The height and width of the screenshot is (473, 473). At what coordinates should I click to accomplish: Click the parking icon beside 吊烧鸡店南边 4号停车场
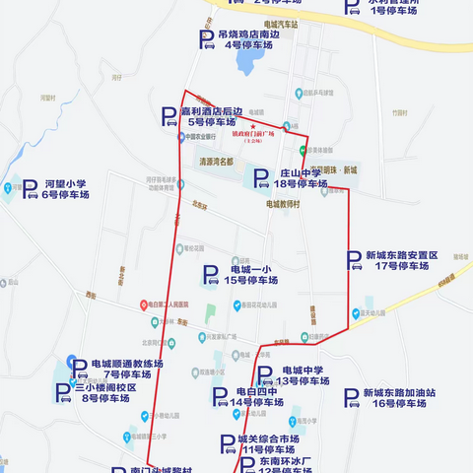[x=207, y=39]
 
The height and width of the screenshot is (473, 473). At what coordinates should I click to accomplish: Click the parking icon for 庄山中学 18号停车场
[x=261, y=178]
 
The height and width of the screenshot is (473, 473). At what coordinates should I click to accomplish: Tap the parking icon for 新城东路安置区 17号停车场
[x=354, y=260]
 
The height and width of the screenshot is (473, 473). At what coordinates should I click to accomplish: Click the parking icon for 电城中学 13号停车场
[x=264, y=375]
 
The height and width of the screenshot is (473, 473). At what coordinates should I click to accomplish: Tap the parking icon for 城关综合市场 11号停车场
[x=227, y=443]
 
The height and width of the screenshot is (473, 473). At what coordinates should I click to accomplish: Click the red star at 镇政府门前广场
[x=253, y=128]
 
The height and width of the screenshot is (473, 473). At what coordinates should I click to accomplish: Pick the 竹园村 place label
[x=371, y=113]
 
